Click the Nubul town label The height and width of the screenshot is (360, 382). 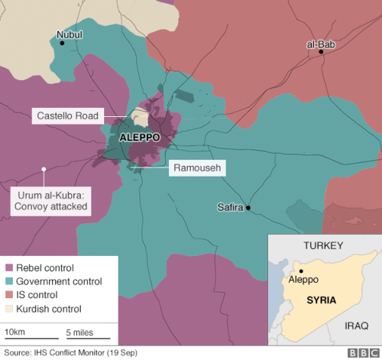click(x=69, y=34)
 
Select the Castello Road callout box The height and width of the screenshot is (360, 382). click(x=66, y=116)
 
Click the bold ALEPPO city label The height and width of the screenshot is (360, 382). click(x=140, y=138)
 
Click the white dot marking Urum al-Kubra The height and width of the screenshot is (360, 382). click(x=45, y=169)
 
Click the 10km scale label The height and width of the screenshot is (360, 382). click(x=15, y=332)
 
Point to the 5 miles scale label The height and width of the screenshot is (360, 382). click(x=80, y=332)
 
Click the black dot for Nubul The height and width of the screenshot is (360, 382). click(x=63, y=44)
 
